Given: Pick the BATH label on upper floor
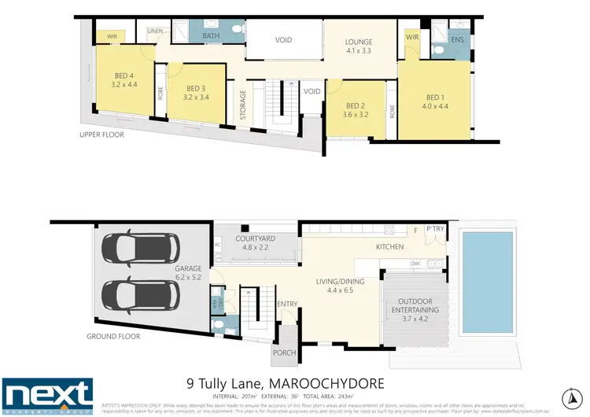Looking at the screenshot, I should pyautogui.click(x=211, y=35).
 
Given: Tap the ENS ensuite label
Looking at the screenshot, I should pyautogui.click(x=456, y=39).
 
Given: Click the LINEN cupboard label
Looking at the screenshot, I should pyautogui.click(x=156, y=31).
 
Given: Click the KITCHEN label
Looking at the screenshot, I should pyautogui.click(x=389, y=247).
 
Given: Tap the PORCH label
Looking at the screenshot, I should pyautogui.click(x=283, y=352).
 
